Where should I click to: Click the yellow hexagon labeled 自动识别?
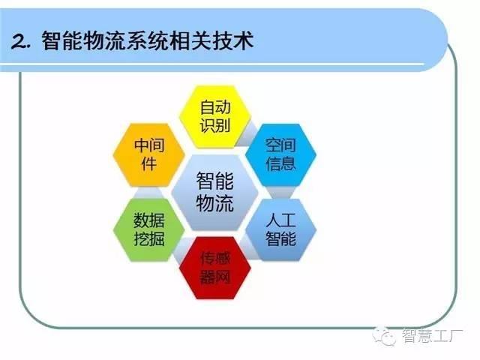[215, 117]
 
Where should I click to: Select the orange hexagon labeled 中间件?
[149, 154]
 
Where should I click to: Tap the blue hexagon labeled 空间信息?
[280, 154]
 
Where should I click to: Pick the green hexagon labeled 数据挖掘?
[149, 229]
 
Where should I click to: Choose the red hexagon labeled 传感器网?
[215, 268]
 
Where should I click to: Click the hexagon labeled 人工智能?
[280, 229]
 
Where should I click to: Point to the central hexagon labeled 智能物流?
[215, 192]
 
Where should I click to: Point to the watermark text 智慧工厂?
[433, 336]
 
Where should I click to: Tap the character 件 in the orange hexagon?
[149, 163]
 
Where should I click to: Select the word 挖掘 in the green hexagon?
[149, 238]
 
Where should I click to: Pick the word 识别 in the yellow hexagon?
[215, 125]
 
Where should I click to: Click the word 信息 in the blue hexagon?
[280, 163]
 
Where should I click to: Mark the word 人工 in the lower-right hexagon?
[280, 220]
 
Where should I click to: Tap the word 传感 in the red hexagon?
[215, 259]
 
